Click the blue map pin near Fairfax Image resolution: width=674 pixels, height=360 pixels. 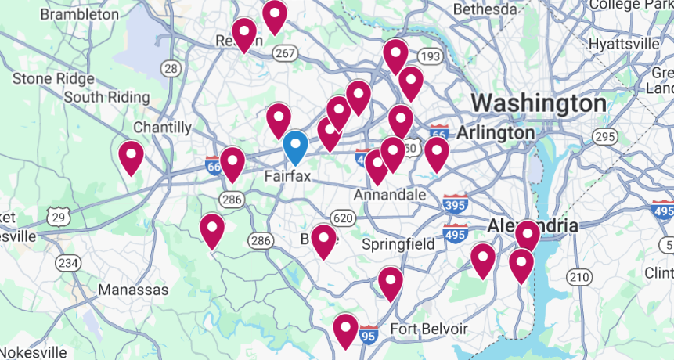tap(294, 146)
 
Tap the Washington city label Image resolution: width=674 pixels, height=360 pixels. tap(539, 103)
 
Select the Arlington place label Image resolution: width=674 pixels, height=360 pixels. tap(496, 132)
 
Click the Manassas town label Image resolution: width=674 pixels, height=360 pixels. tap(133, 290)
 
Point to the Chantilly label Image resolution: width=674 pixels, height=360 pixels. tap(162, 127)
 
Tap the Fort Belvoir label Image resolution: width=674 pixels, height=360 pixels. tap(429, 329)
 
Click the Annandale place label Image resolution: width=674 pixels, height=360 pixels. tap(390, 194)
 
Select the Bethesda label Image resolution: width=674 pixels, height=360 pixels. tap(485, 9)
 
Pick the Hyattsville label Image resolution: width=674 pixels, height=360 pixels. tap(624, 43)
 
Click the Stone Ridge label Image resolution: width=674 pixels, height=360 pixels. tap(53, 78)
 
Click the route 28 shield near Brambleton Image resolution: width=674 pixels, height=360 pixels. tap(172, 69)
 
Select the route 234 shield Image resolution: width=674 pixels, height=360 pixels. tap(68, 263)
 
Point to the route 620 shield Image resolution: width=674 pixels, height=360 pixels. tap(342, 218)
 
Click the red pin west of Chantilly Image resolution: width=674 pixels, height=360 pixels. tap(131, 156)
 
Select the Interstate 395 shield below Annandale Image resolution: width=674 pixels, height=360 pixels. tap(456, 204)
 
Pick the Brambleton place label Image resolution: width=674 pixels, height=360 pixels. tap(79, 14)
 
